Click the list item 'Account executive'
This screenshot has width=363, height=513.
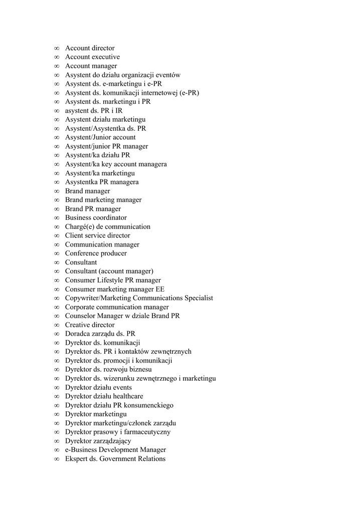[x=92, y=57]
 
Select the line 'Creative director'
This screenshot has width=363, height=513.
[x=90, y=325]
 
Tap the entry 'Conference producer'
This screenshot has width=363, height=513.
[x=96, y=253]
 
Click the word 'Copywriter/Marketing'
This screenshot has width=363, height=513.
[x=98, y=298]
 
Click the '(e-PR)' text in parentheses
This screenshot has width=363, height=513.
[x=189, y=93]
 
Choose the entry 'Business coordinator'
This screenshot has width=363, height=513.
[x=96, y=218]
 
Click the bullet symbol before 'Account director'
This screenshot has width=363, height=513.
[x=57, y=49]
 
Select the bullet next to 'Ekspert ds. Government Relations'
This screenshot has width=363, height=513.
[x=57, y=459]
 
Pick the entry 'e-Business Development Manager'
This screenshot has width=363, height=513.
[x=115, y=450]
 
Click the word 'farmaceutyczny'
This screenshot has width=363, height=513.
[x=146, y=432]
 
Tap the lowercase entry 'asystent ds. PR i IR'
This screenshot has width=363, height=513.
[x=94, y=111]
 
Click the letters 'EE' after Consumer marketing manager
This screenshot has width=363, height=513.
[x=160, y=290]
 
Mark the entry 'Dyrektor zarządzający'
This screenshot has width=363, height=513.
[x=98, y=441]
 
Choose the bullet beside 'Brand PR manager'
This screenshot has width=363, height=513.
[x=57, y=209]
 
